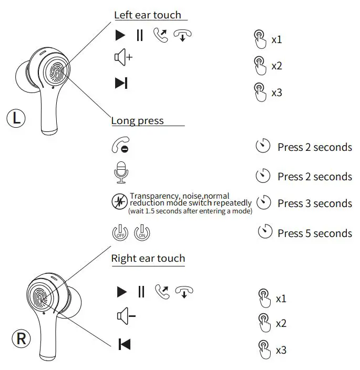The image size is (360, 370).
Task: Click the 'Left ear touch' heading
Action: (147, 15)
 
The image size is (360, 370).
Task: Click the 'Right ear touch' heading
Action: (148, 258)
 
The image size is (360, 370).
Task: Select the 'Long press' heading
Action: (137, 121)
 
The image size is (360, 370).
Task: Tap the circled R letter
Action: (21, 338)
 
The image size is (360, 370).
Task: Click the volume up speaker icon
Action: (123, 57)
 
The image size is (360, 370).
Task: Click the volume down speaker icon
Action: (126, 316)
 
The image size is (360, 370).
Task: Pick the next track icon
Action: (121, 83)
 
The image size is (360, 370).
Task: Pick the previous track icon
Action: (125, 344)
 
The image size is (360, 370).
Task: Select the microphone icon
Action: (121, 173)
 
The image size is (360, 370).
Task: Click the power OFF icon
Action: (120, 232)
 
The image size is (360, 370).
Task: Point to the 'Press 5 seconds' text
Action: (314, 233)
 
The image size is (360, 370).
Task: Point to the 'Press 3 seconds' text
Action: (314, 203)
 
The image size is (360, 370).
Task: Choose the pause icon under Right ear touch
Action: (141, 291)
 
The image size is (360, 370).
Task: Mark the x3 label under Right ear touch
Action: (281, 350)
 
